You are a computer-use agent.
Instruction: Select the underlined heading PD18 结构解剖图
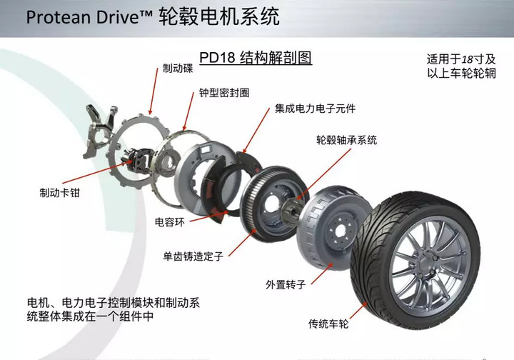[256, 56]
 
